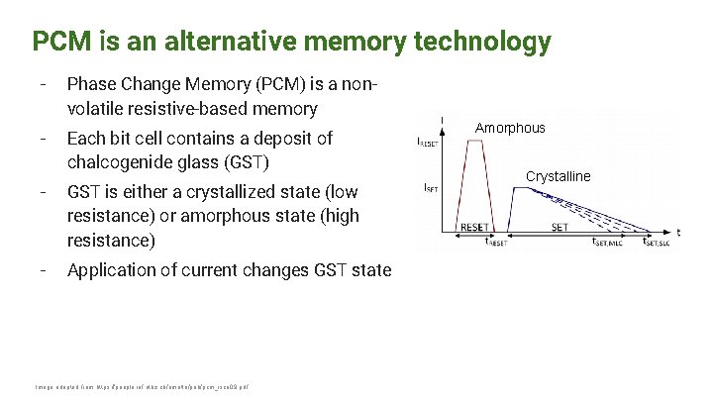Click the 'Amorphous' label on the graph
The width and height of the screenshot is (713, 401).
click(x=510, y=128)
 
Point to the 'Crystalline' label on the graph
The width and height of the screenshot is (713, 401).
click(x=558, y=176)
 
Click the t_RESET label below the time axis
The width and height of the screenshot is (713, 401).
click(x=495, y=241)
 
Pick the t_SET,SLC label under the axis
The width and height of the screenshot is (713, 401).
click(x=656, y=241)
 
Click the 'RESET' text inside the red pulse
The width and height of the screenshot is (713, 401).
click(x=474, y=227)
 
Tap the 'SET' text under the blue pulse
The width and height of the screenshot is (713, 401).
click(x=560, y=227)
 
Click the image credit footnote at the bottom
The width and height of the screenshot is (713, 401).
click(x=142, y=386)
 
